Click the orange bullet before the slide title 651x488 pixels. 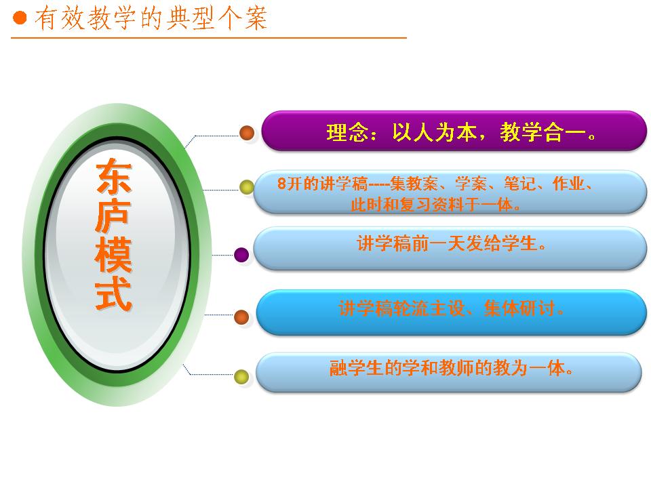coord(20,18)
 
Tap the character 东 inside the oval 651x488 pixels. coord(114,177)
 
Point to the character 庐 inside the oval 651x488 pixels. coord(113,216)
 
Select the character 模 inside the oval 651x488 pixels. coord(113,256)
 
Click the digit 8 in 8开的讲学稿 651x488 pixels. coord(282,183)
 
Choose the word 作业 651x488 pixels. coord(568,183)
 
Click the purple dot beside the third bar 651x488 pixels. coord(241,254)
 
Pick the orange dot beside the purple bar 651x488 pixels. coord(247,132)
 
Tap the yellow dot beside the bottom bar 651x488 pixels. coord(241,376)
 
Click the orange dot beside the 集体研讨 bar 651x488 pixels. coord(241,317)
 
